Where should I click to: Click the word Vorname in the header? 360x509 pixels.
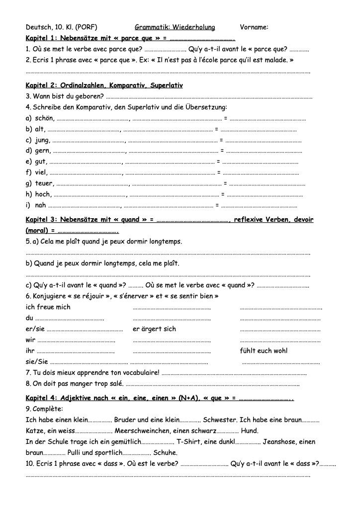(254, 27)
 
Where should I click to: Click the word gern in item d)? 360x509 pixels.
(42, 151)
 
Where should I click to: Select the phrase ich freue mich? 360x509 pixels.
(48, 307)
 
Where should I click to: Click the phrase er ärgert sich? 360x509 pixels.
(154, 329)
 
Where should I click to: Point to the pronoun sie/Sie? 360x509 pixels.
(36, 362)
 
